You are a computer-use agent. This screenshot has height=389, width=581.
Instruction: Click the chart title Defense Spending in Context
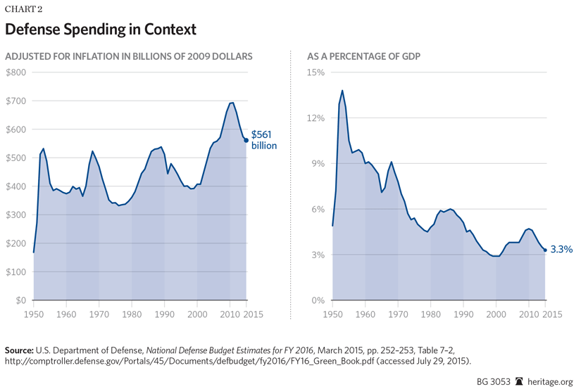100,30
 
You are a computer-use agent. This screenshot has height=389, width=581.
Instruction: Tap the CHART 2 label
25,8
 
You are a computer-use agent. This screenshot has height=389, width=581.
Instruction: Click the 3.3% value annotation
561,250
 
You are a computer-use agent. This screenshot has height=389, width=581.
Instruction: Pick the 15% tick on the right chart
315,72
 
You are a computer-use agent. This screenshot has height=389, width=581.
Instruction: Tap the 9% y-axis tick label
317,163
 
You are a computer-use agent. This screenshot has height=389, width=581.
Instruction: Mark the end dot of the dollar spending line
246,140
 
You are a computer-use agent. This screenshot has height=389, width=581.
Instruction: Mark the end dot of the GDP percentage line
545,250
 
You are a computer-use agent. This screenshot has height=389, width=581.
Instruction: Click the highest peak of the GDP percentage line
342,90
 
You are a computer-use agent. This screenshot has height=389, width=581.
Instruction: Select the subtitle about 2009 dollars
129,55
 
